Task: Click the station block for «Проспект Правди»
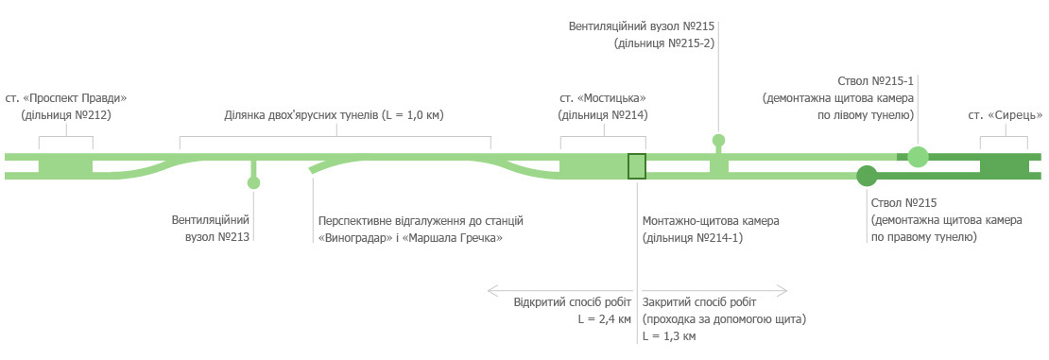(x=65, y=165)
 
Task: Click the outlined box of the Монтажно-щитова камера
(x=637, y=165)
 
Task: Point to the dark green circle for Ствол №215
(x=867, y=176)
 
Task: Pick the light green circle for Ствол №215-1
(x=918, y=157)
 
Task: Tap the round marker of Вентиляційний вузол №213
(x=253, y=183)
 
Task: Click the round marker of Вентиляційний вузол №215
(x=718, y=141)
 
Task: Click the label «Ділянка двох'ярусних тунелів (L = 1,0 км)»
(x=335, y=115)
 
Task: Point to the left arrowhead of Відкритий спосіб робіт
(x=490, y=288)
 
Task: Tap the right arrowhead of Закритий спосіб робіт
(x=784, y=288)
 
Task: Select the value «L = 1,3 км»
(x=669, y=336)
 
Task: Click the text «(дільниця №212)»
(x=66, y=115)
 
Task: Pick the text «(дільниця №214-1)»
(x=693, y=238)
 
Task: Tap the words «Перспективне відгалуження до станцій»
(x=421, y=221)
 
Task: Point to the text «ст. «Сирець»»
(x=1004, y=115)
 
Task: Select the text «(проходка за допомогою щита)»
(x=724, y=319)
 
